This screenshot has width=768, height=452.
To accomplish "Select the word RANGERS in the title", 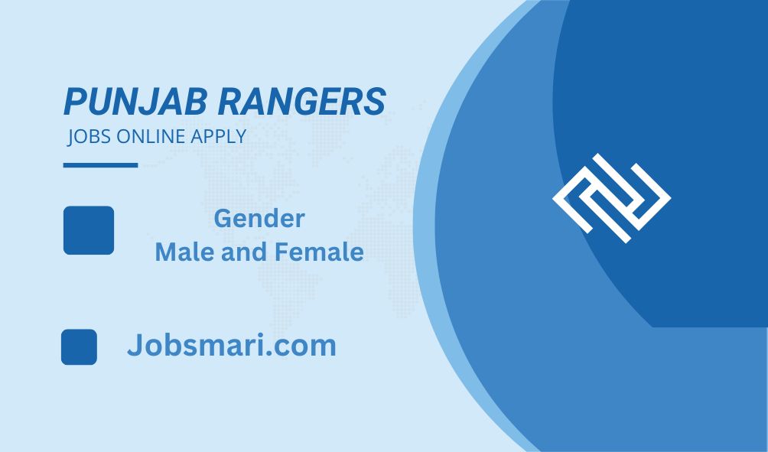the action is point(302,102).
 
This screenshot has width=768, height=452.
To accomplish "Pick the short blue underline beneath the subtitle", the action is point(100,165).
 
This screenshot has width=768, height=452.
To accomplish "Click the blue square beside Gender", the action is point(89,230).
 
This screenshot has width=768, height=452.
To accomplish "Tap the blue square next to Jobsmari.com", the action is point(79,346).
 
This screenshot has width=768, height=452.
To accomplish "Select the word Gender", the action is point(259,219).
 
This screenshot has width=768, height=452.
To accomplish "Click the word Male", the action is point(186,252).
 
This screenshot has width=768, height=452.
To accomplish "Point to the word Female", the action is point(319,252).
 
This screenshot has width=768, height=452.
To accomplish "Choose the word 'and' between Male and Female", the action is point(245,252).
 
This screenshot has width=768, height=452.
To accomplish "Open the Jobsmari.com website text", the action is point(232,345).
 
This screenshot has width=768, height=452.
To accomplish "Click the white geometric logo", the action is point(611,198).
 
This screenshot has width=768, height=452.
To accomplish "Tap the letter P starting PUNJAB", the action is point(75,102).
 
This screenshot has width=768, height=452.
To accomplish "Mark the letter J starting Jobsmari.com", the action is point(135,345).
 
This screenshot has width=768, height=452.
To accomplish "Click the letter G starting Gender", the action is point(223,219).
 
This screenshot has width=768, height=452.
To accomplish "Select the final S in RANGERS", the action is point(376,102).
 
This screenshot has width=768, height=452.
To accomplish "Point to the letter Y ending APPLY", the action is point(240,136).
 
